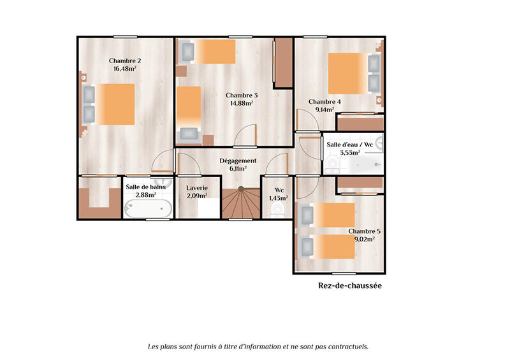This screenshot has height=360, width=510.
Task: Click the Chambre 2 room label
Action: tap(125, 61)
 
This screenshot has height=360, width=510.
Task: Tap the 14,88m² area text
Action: tap(241, 103)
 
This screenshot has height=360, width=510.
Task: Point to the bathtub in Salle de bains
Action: tap(148, 208)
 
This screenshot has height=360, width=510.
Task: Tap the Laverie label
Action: tap(197, 188)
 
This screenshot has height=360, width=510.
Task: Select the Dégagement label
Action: tap(238, 161)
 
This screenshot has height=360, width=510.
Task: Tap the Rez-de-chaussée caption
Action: tap(349, 286)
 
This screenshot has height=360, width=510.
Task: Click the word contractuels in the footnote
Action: tap(347, 347)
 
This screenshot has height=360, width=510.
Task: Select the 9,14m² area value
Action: tap(324, 110)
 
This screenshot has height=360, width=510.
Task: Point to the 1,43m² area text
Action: tap(279, 198)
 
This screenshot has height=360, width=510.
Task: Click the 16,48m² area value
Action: tap(126, 69)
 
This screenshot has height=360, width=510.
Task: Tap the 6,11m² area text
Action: tap(238, 169)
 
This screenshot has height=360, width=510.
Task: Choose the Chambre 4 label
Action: tap(324, 101)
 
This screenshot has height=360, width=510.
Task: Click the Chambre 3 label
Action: tap(241, 95)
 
